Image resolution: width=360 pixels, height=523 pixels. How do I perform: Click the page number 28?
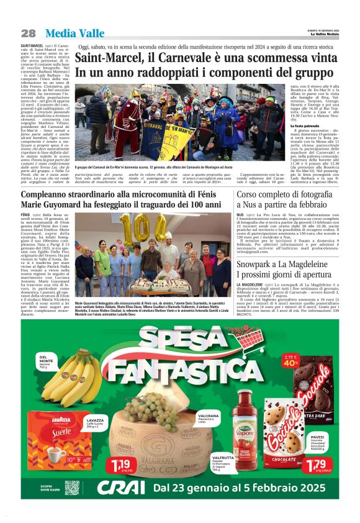pyautogui.click(x=29, y=33)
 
